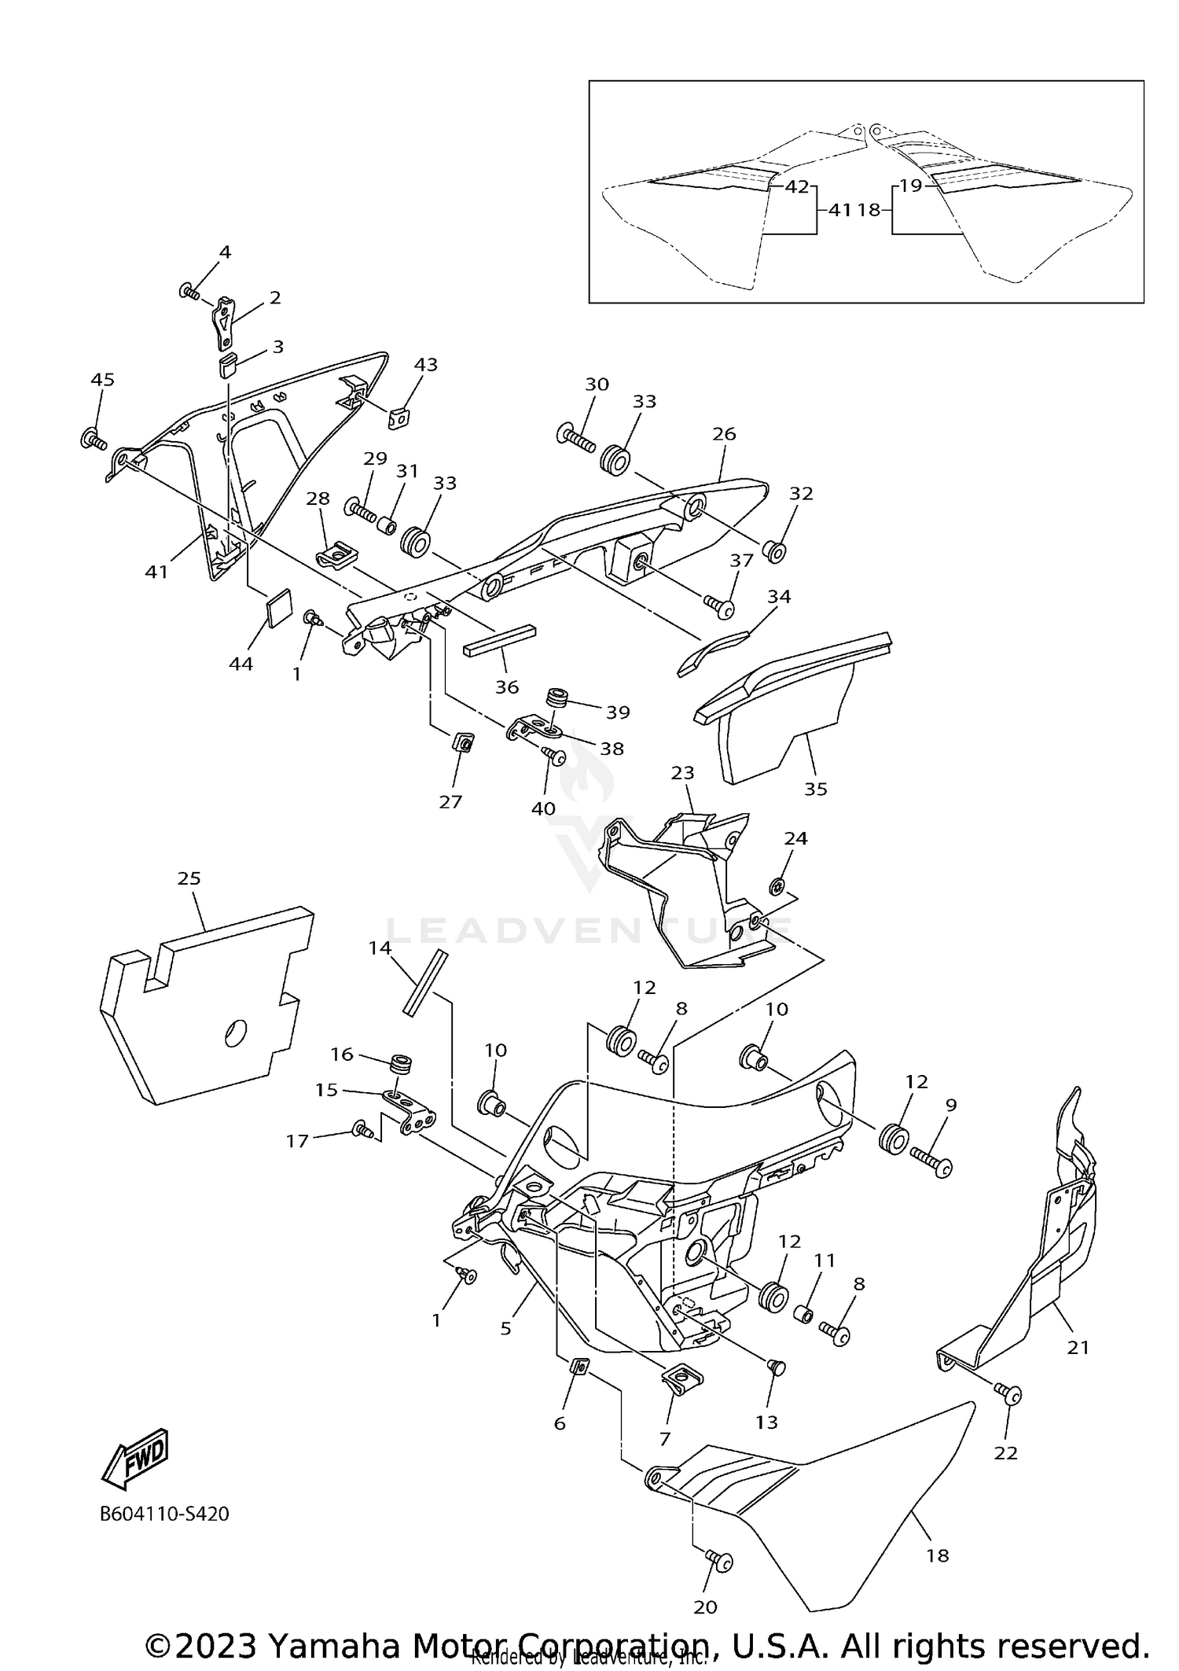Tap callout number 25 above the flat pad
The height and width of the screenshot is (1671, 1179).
(189, 878)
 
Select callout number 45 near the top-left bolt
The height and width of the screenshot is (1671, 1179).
(102, 380)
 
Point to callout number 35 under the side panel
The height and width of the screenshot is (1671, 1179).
(816, 789)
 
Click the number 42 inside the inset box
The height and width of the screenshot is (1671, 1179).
(797, 187)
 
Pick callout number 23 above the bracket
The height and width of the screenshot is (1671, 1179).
(683, 773)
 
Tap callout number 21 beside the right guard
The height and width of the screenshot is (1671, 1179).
(1078, 1347)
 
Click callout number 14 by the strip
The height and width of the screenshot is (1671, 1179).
(380, 948)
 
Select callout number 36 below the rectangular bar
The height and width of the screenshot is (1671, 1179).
(507, 686)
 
